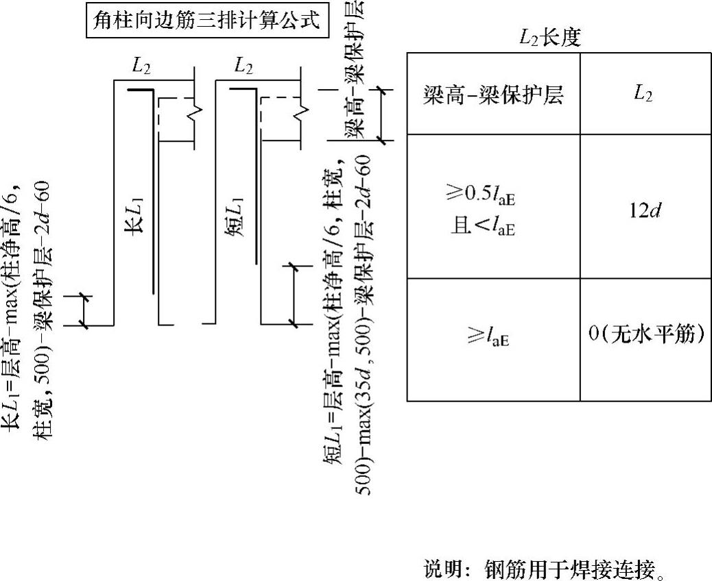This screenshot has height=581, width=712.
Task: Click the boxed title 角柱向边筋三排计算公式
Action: coord(206,20)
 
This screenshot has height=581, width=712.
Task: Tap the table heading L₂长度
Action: coord(550,38)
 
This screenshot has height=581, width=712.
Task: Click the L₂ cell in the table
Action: coord(643,95)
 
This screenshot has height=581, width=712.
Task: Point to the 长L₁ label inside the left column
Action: coord(132,219)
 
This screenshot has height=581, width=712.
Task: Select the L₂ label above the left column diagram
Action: coord(142,66)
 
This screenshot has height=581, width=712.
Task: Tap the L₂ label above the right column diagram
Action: coord(244,66)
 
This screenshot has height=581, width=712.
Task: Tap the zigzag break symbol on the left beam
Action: coord(196,110)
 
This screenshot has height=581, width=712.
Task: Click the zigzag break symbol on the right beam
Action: coord(299,110)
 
